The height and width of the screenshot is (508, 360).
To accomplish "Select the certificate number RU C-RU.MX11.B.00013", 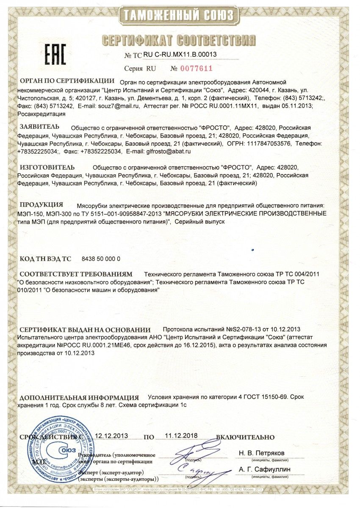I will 180,54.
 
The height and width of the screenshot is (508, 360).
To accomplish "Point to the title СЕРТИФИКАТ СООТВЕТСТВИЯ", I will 180,40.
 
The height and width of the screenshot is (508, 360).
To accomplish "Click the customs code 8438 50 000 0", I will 100,259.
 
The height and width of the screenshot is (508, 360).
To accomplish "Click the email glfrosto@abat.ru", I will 167,151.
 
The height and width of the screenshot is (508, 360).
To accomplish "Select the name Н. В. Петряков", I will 262,453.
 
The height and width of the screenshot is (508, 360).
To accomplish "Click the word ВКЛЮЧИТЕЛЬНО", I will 245,437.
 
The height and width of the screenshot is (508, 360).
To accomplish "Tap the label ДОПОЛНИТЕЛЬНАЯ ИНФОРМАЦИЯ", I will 79,398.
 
